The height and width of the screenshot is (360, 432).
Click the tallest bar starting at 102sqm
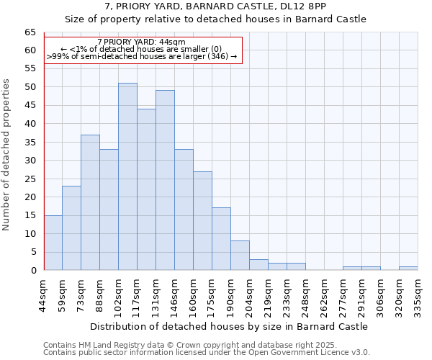coord(127,176)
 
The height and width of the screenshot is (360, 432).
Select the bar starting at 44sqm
coord(53,243)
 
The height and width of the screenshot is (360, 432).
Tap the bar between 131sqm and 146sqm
coord(165,180)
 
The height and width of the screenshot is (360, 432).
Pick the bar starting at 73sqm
coord(90,202)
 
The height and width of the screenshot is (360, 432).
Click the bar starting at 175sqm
coord(221,239)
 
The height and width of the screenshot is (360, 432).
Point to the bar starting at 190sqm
coord(240,256)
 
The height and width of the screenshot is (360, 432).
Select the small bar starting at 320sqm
coord(408,269)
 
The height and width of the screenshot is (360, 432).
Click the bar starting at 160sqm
coord(202,220)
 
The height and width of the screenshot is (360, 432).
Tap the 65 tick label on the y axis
coord(30,32)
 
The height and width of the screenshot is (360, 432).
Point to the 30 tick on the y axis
coord(30,161)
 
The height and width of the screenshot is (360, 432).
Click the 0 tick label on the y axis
coord(32,271)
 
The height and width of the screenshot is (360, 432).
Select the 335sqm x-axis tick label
coord(418,295)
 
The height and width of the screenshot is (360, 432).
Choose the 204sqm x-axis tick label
coord(249,295)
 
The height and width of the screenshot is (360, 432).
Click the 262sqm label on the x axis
coord(324,295)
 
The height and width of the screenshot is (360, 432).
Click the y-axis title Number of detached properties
coord(7,155)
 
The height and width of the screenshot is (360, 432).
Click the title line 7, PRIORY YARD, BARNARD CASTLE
coord(215,6)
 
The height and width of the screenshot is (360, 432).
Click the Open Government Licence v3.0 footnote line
coord(207,353)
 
